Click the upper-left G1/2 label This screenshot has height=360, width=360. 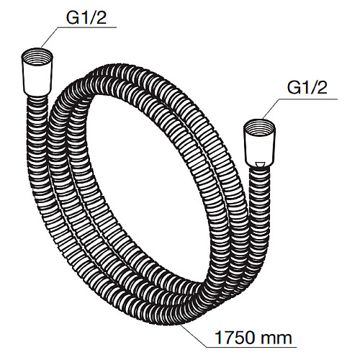[86, 17]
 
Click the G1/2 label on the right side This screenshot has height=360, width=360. [307, 87]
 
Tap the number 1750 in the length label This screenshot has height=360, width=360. [235, 338]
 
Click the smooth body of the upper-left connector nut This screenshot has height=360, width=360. [37, 81]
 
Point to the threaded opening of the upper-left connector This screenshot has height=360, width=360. [37, 57]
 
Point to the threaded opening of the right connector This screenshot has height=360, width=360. [259, 127]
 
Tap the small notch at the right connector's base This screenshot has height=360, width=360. [260, 165]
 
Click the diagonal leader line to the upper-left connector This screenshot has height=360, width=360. [49, 37]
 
